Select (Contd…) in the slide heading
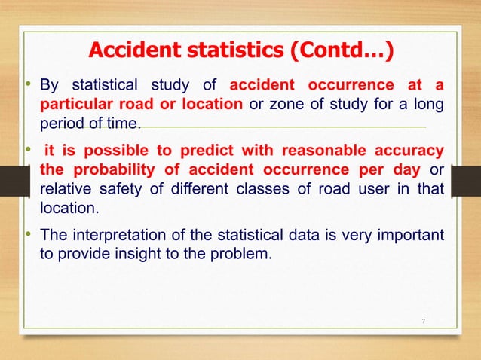tap(339, 52)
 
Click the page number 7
tap(423, 322)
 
